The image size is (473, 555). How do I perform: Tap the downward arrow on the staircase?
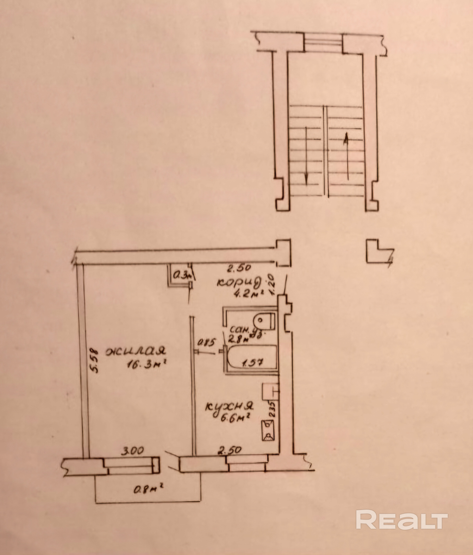[x=306, y=156]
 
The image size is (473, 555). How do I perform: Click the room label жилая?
[x=136, y=351]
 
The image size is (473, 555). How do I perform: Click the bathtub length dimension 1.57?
[x=253, y=363]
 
